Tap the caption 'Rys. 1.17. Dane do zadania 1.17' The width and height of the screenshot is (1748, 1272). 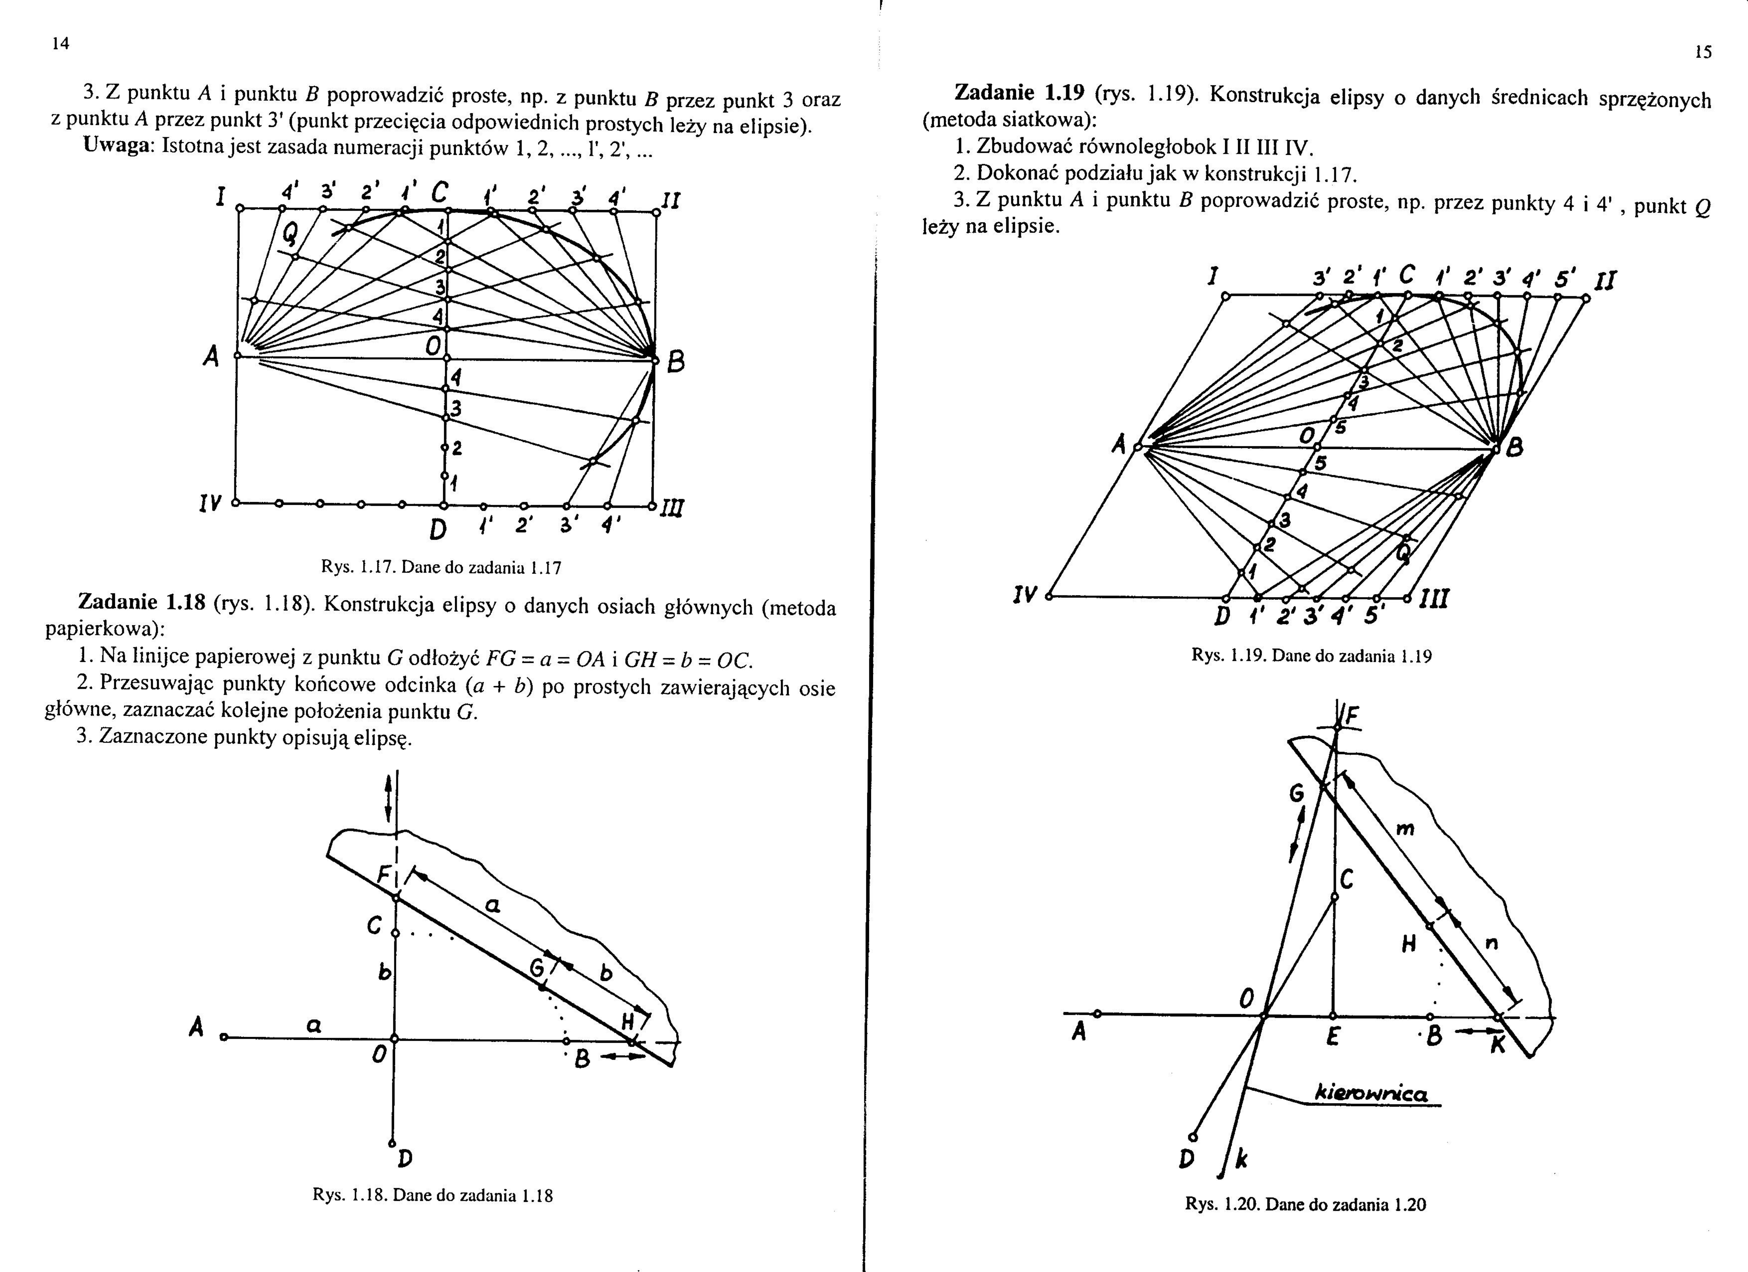pyautogui.click(x=441, y=568)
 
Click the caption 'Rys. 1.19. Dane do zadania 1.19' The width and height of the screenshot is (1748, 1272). pyautogui.click(x=1312, y=656)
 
